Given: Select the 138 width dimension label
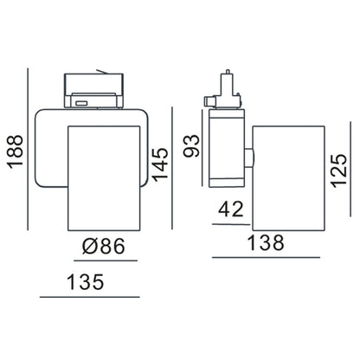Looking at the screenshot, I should [x=266, y=246].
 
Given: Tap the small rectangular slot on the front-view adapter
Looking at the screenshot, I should [x=80, y=103].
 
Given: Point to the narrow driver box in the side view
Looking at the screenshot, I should [x=226, y=151].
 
